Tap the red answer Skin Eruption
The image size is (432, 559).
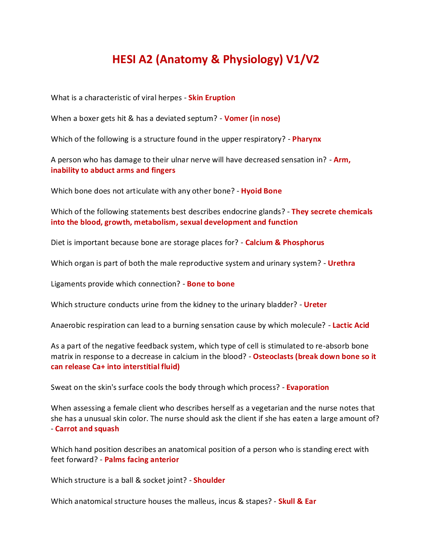(212, 98)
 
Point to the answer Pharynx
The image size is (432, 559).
(306, 139)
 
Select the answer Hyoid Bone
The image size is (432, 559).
(261, 191)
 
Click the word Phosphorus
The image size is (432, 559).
(303, 242)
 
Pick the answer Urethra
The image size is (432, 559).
(341, 263)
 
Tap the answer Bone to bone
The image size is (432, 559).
(211, 284)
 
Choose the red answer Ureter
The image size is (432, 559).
(315, 305)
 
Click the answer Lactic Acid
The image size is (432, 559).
(351, 325)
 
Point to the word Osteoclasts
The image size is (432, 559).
(273, 356)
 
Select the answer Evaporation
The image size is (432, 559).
(307, 387)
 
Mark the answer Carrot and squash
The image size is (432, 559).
(87, 429)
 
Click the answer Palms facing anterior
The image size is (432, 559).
(142, 460)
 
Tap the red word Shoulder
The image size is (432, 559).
(209, 480)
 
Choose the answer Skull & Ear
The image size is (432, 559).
(297, 501)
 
